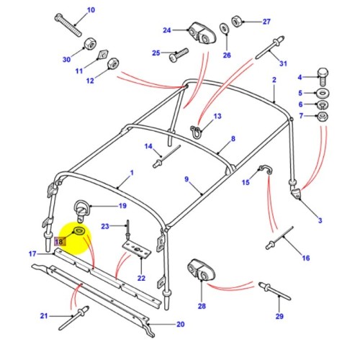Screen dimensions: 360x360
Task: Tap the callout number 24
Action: pos(167,30)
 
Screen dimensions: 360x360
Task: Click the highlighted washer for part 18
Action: pos(78,231)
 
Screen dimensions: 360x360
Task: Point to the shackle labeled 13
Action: pos(195,130)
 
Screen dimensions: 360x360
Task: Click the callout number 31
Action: pos(283,63)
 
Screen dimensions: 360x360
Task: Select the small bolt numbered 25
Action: pos(179,53)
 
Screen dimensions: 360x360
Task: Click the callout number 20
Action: pos(180,324)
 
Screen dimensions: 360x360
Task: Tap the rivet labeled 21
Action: pos(76,314)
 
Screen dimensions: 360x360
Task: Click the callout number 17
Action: pos(32,253)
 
